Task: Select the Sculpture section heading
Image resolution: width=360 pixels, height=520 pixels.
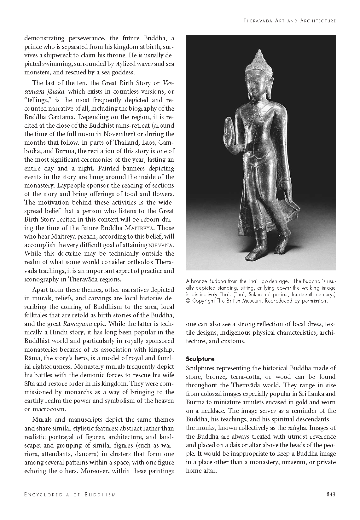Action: pos(200,359)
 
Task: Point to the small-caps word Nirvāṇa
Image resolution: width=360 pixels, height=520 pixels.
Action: pos(161,245)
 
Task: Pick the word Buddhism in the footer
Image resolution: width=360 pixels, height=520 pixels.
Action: pos(100,495)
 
